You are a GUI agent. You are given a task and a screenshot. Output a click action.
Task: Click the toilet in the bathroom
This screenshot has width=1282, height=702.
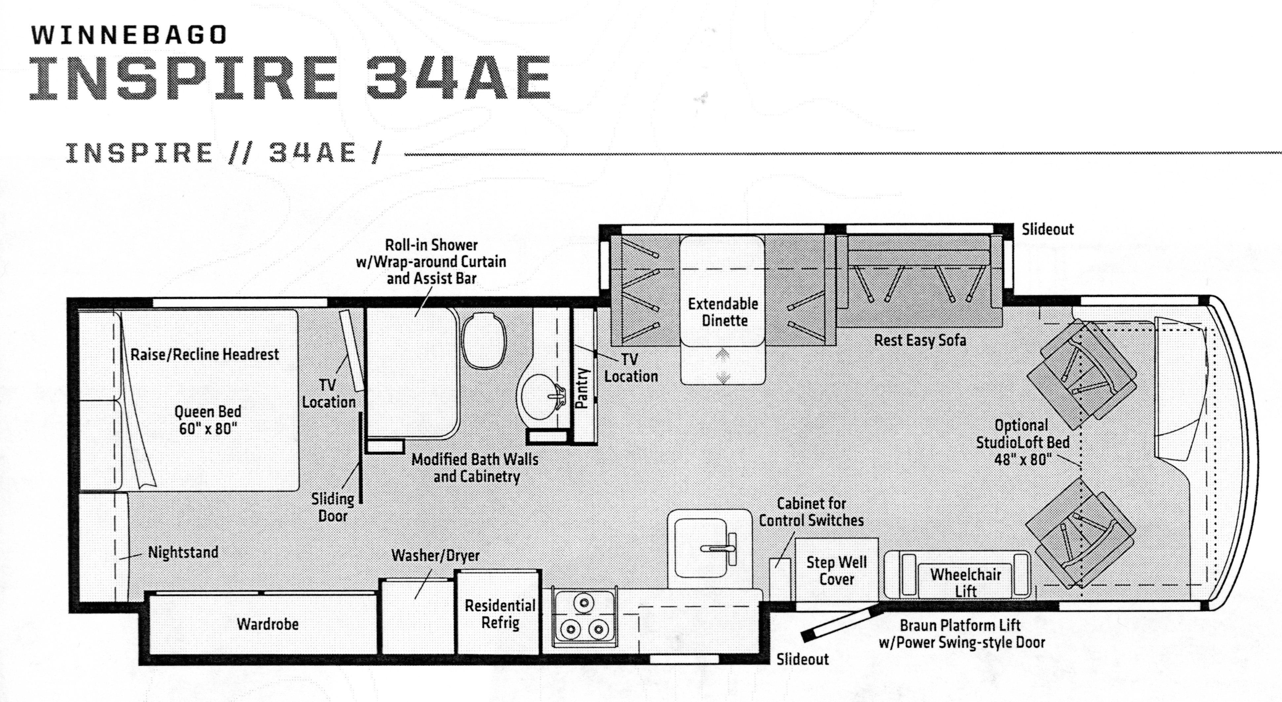point(483,341)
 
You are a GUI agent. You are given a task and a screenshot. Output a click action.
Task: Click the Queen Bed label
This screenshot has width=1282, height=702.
point(208,420)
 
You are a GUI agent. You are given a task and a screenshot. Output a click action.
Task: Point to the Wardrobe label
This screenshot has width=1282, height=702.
point(268,624)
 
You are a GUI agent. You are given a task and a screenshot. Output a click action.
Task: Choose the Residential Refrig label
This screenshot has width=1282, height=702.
point(500,614)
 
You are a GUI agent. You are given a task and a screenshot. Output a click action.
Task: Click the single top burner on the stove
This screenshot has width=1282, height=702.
point(584,603)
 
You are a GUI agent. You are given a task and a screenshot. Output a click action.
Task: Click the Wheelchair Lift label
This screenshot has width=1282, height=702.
point(965,583)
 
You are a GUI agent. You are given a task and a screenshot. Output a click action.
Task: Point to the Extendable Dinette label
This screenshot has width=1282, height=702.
point(723,312)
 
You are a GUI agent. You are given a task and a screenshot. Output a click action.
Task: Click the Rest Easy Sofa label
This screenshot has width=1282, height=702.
point(920,341)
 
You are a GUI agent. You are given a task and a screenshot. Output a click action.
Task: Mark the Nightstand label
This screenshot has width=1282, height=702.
point(183,552)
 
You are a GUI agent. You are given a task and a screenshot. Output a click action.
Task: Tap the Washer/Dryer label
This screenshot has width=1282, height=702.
point(436,555)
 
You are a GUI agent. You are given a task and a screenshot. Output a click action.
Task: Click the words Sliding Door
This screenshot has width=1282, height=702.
point(332,507)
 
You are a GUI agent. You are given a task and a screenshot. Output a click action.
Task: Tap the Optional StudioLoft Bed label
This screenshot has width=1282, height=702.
point(1022,442)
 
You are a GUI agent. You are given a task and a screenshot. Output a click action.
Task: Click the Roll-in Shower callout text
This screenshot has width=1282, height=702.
point(431,261)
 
